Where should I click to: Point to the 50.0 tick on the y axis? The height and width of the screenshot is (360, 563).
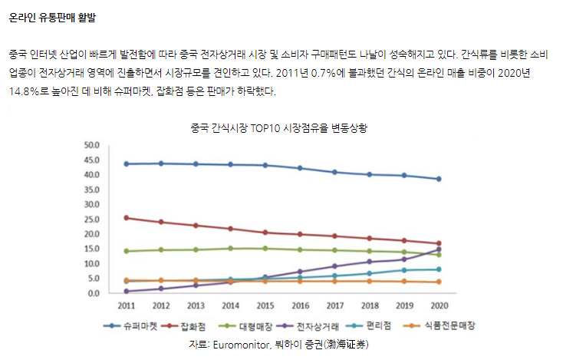pyautogui.click(x=92, y=145)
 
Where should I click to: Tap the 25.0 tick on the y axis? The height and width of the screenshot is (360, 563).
pyautogui.click(x=92, y=219)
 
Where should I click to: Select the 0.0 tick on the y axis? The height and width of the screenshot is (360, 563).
pyautogui.click(x=94, y=293)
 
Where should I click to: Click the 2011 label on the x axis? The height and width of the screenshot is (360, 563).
pyautogui.click(x=126, y=306)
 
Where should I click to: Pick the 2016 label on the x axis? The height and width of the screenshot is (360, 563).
pyautogui.click(x=300, y=306)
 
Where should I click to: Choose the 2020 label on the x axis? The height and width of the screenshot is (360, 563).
pyautogui.click(x=439, y=306)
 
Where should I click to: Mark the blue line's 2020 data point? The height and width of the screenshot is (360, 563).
pyautogui.click(x=439, y=179)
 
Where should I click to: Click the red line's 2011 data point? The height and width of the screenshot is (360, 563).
pyautogui.click(x=126, y=218)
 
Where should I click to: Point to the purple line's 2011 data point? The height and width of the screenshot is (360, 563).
pyautogui.click(x=126, y=291)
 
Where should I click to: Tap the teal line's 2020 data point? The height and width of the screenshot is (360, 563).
pyautogui.click(x=439, y=269)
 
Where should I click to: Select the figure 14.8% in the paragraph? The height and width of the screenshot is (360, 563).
pyautogui.click(x=26, y=91)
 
